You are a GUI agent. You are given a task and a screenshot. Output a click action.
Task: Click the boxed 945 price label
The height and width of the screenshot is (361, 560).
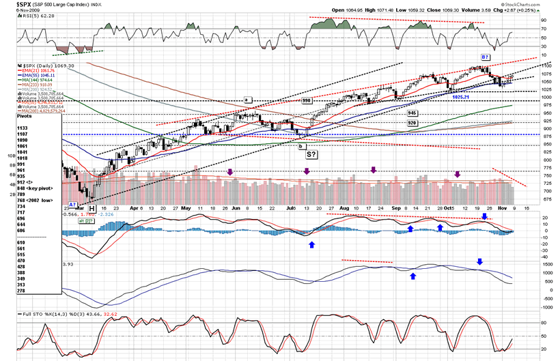[412, 113]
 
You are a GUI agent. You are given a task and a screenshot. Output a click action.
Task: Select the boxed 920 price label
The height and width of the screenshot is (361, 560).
[412, 123]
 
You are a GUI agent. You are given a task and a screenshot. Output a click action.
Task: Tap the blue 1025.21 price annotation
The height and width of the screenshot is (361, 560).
[462, 97]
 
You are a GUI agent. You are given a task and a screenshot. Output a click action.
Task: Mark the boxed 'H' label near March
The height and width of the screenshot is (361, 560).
[91, 204]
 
